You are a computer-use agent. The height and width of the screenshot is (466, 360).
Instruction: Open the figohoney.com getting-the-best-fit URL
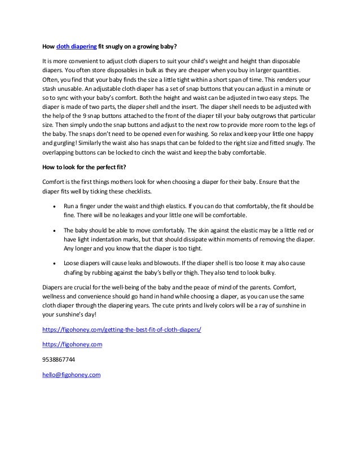pos(125,329)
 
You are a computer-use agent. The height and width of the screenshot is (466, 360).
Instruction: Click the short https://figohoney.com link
pos(72,344)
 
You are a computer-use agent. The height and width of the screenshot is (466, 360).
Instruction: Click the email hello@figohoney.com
pos(72,373)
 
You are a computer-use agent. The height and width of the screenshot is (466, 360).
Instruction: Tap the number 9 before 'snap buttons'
pos(85,115)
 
